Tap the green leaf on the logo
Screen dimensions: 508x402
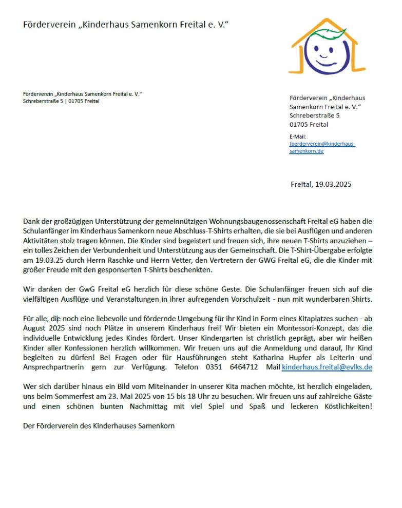tap(330, 34)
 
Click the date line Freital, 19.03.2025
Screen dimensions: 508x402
tap(321, 184)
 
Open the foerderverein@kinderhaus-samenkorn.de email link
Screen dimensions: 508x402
tap(322, 148)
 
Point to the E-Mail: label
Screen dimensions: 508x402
tap(298, 136)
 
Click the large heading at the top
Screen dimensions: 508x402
tap(126, 25)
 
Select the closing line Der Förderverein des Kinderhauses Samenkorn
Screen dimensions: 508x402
tap(99, 426)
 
